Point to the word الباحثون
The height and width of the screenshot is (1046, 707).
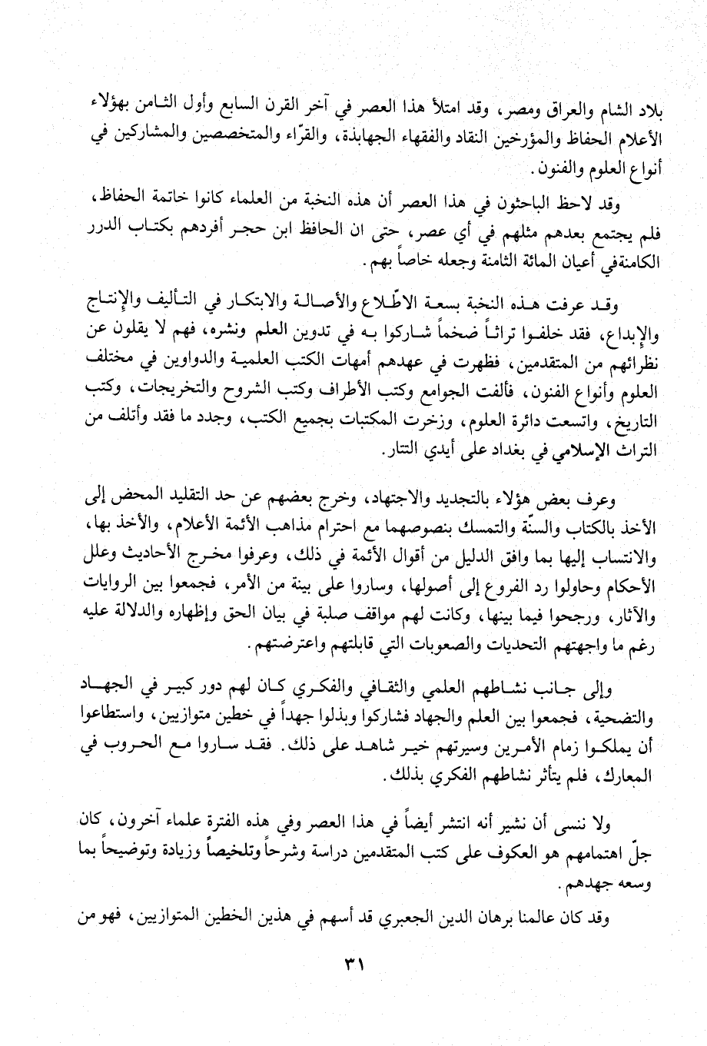coord(532,204)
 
